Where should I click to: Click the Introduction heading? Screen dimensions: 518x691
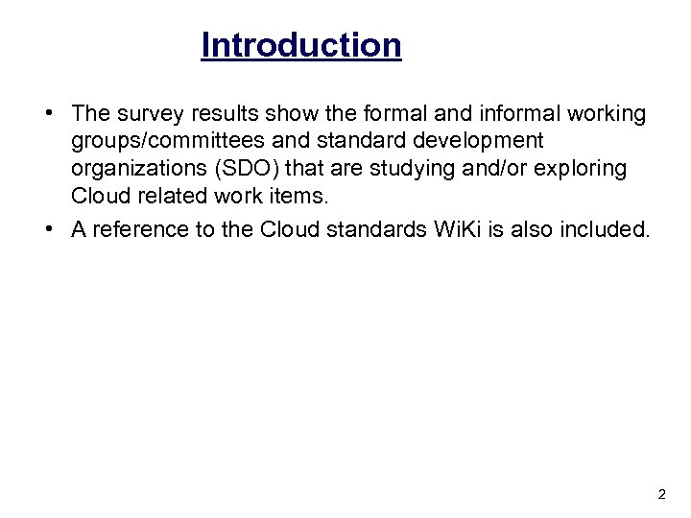coord(300,45)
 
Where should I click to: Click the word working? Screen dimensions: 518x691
coord(608,114)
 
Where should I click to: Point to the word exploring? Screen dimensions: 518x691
coord(586,168)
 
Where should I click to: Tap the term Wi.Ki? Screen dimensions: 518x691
coord(446,230)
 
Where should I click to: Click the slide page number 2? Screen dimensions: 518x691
coord(661,495)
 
